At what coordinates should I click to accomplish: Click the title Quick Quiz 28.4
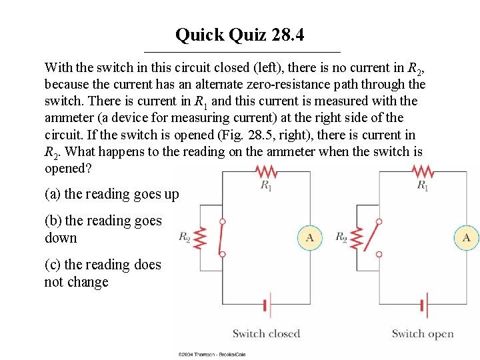[x=240, y=35]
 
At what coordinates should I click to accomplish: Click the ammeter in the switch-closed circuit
[x=309, y=237]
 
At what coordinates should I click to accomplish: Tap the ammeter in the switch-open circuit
[x=466, y=237]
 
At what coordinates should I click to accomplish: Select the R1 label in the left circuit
[x=266, y=185]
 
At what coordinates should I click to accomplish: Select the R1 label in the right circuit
[x=423, y=185]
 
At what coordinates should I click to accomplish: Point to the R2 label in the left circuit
[x=185, y=237]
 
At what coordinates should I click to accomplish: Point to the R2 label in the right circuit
[x=341, y=237]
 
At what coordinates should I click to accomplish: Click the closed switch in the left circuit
[x=223, y=237]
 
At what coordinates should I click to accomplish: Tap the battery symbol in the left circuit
[x=266, y=306]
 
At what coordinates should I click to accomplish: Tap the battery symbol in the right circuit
[x=423, y=306]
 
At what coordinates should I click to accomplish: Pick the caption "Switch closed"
[x=266, y=334]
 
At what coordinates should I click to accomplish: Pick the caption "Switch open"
[x=423, y=334]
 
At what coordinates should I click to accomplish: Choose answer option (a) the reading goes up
[x=112, y=194]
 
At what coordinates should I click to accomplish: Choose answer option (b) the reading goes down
[x=103, y=229]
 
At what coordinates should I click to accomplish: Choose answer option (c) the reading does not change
[x=103, y=273]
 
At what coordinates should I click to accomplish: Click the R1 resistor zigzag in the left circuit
[x=266, y=171]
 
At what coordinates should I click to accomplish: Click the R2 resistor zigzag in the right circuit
[x=358, y=237]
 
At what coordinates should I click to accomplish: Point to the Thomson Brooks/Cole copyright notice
[x=211, y=355]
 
